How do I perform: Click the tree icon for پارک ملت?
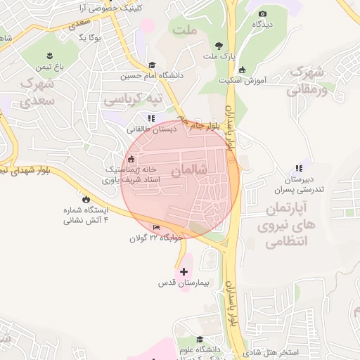pos(219,44)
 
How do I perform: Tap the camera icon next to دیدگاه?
pos(263,13)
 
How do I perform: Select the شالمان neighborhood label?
pos(191,169)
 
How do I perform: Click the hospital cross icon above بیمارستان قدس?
pos(184,271)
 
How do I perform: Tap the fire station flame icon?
pos(86,199)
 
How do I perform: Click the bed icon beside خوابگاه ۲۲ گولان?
pos(156,227)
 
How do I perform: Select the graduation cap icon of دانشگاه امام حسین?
pos(151,65)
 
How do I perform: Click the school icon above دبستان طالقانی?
pos(150,118)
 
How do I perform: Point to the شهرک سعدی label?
pos(38,93)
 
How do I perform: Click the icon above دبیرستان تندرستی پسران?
pos(299,168)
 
